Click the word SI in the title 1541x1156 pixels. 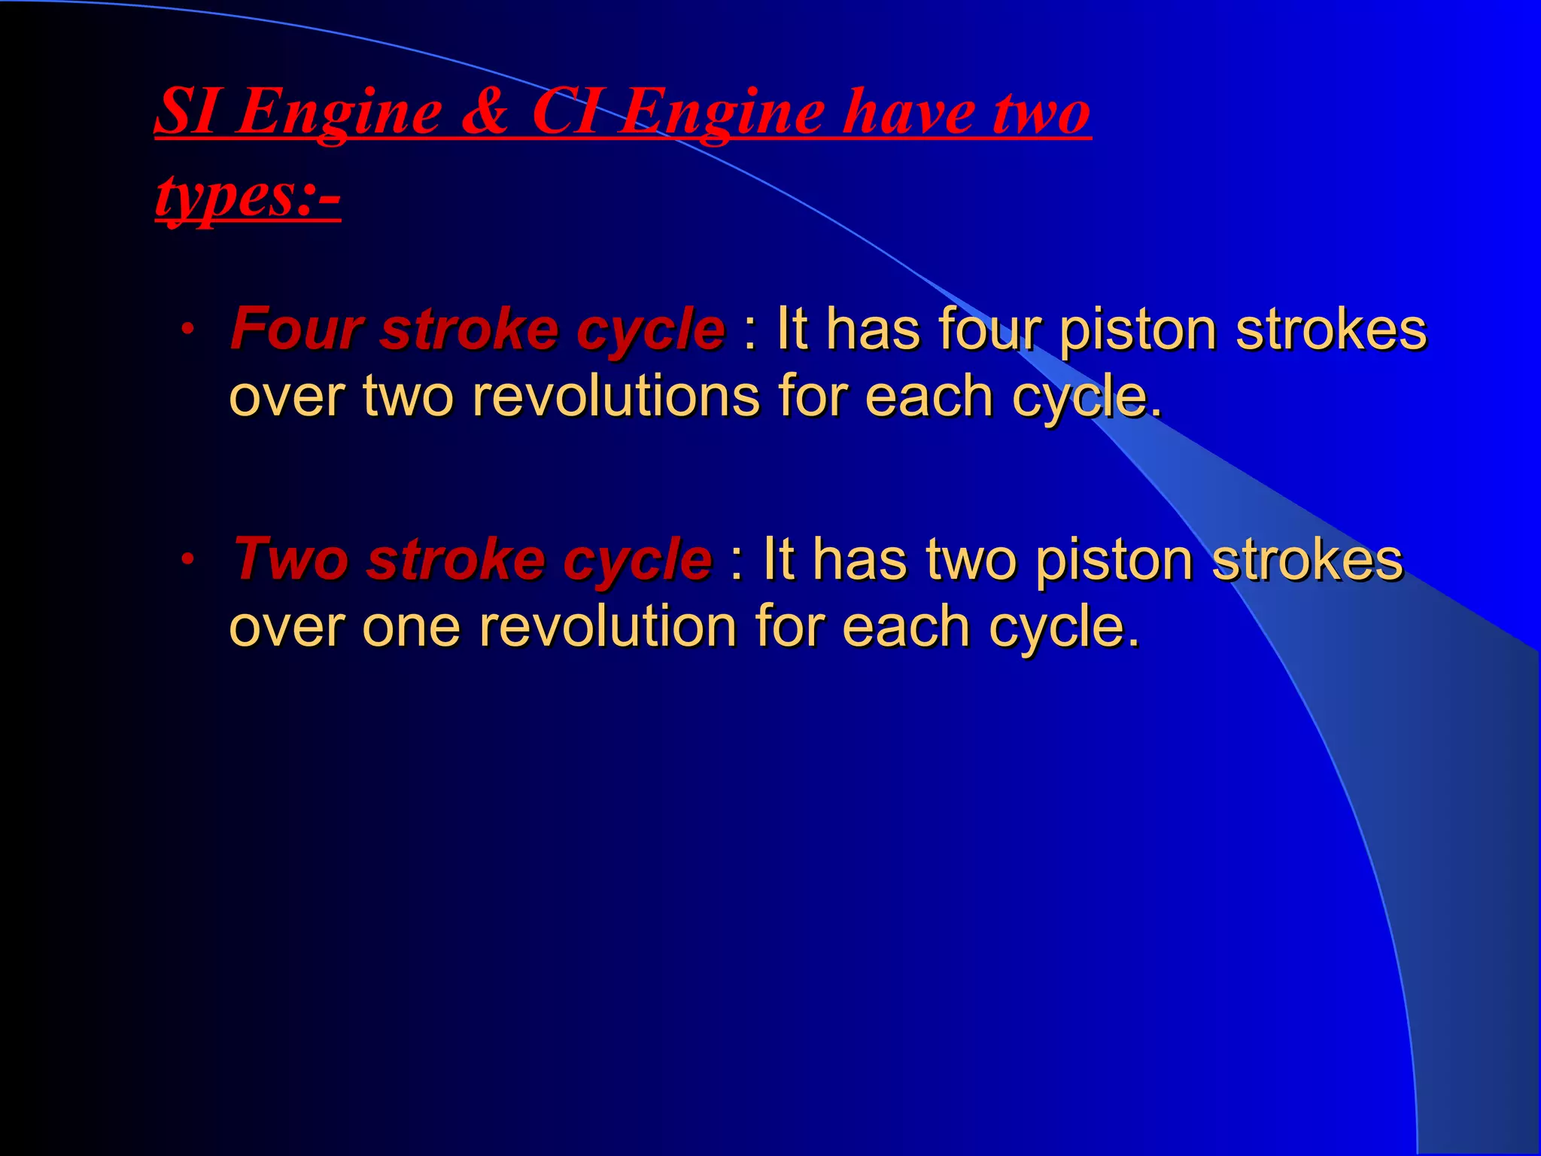(187, 112)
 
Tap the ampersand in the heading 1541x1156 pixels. (485, 112)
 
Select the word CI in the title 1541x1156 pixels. (569, 112)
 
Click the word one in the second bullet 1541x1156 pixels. (410, 626)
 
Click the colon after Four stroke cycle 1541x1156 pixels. (749, 331)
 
